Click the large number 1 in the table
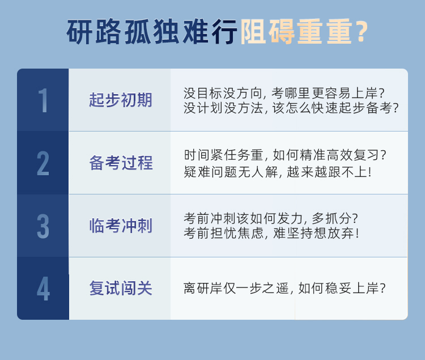click(x=44, y=100)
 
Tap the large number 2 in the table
click(x=43, y=163)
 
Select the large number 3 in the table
click(x=43, y=226)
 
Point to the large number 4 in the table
click(x=44, y=289)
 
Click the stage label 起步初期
click(x=121, y=100)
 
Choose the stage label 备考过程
click(x=121, y=163)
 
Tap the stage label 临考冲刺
click(x=121, y=226)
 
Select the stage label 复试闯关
click(x=121, y=288)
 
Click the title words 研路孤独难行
click(x=152, y=32)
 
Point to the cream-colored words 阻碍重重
click(x=296, y=32)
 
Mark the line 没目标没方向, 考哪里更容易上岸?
click(x=284, y=94)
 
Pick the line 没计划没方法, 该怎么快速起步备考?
click(x=291, y=108)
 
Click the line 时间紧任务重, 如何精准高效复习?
click(x=285, y=155)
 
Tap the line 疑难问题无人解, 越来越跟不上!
click(x=278, y=172)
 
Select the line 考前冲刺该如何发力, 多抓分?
click(x=271, y=218)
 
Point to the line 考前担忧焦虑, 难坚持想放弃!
click(x=271, y=233)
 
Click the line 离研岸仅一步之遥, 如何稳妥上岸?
click(x=284, y=288)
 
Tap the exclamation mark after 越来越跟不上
click(x=369, y=172)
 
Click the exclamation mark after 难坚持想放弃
click(x=358, y=233)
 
